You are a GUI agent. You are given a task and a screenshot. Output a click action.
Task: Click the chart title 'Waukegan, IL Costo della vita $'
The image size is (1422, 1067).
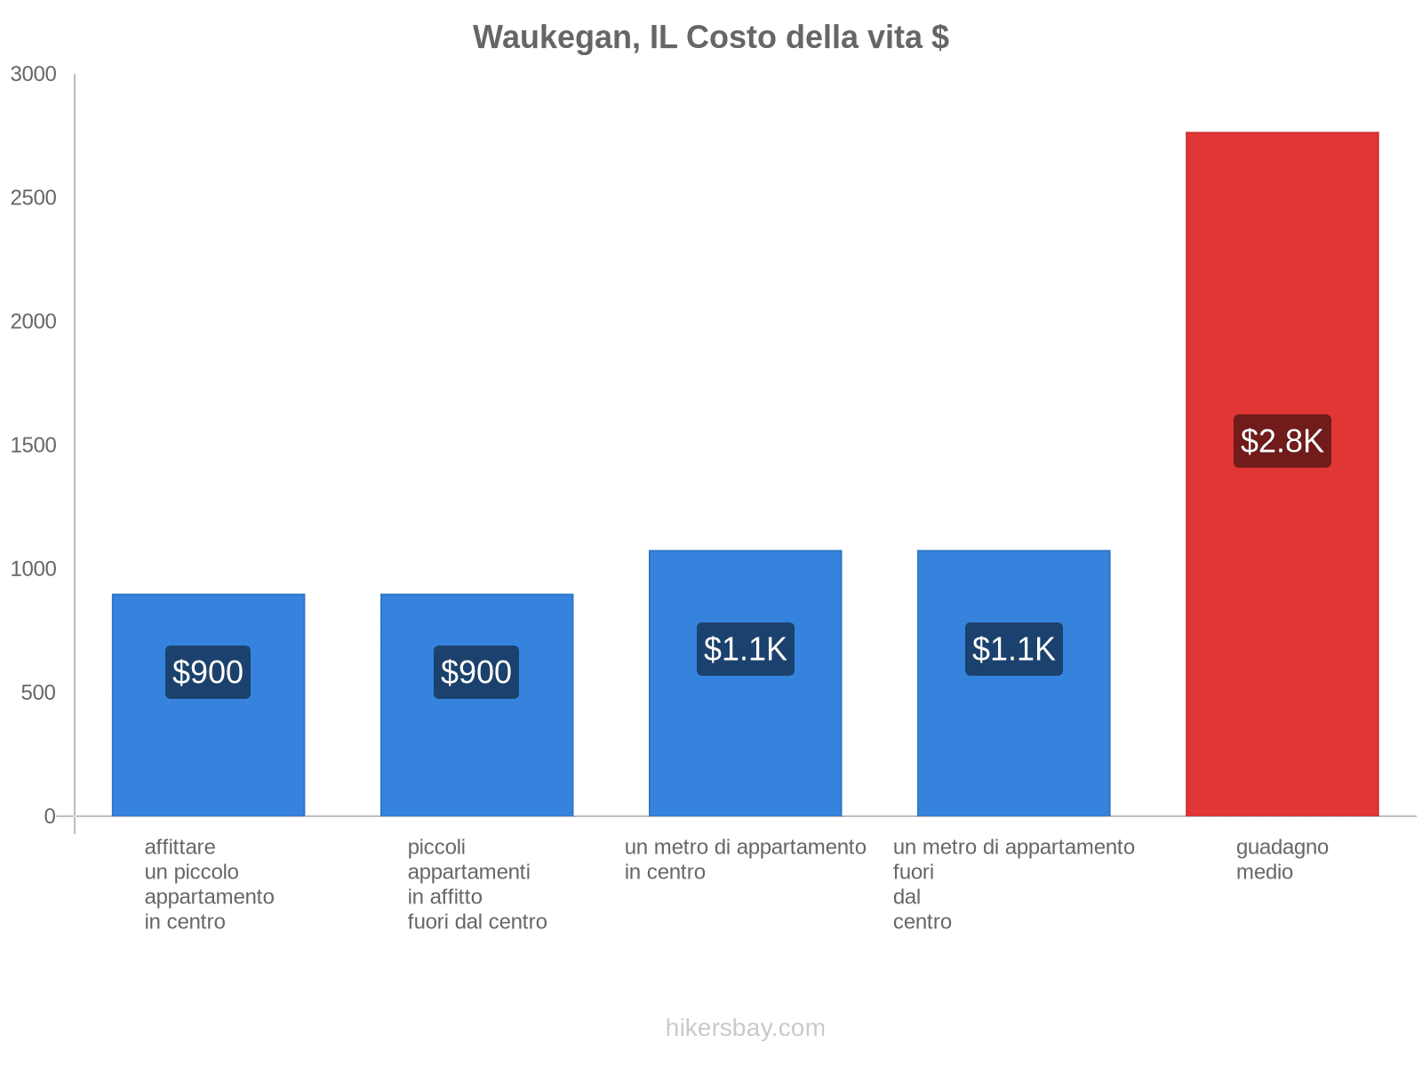pyautogui.click(x=710, y=37)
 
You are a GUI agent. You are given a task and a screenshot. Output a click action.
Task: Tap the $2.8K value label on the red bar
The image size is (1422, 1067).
pyautogui.click(x=1282, y=441)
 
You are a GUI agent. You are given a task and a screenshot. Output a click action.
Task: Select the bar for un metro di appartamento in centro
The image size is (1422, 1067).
pyautogui.click(x=745, y=738)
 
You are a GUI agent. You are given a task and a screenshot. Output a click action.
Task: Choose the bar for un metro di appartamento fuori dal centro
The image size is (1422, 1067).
pyautogui.click(x=1013, y=738)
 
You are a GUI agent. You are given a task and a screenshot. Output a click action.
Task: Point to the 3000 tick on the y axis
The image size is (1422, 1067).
pyautogui.click(x=34, y=75)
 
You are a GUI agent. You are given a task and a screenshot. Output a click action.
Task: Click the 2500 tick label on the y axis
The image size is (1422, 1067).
pyautogui.click(x=34, y=198)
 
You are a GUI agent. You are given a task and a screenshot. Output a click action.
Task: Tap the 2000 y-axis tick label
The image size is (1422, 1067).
pyautogui.click(x=34, y=322)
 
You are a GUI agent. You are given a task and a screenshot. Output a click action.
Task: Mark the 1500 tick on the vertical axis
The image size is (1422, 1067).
pyautogui.click(x=34, y=445)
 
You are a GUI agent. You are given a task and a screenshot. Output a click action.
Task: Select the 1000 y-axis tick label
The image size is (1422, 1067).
pyautogui.click(x=34, y=569)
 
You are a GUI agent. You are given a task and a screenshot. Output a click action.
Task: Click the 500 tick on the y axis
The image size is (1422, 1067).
pyautogui.click(x=39, y=693)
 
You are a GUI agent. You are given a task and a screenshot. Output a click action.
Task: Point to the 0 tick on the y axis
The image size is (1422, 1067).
pyautogui.click(x=50, y=816)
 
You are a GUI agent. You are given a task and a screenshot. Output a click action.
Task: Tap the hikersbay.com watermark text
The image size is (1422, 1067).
pyautogui.click(x=745, y=1028)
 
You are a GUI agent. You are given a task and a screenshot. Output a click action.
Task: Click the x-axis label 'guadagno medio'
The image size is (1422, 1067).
pyautogui.click(x=1282, y=860)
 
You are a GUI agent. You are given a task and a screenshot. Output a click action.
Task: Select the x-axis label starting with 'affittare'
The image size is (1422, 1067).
pyautogui.click(x=209, y=884)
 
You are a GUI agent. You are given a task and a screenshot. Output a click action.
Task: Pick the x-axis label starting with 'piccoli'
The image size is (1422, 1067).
pyautogui.click(x=476, y=884)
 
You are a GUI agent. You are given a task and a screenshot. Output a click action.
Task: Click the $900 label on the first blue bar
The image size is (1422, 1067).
pyautogui.click(x=208, y=672)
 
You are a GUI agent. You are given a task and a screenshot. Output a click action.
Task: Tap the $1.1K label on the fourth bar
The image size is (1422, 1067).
pyautogui.click(x=1013, y=649)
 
